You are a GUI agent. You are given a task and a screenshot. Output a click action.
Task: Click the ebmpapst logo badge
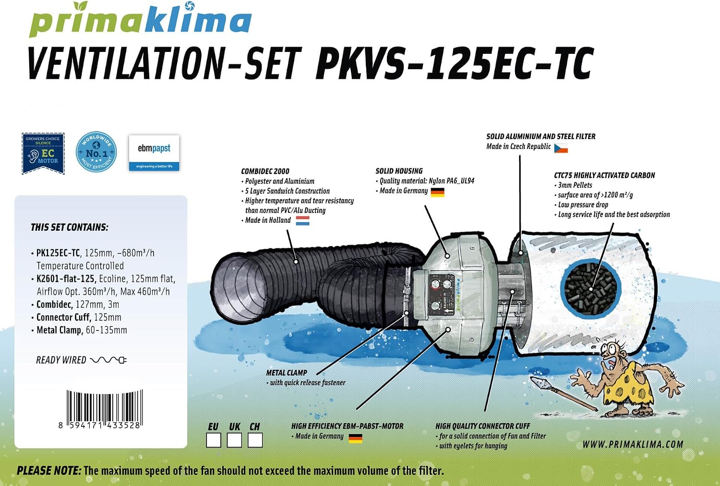pyautogui.click(x=154, y=153)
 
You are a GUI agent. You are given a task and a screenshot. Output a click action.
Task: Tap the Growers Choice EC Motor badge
pyautogui.click(x=43, y=153)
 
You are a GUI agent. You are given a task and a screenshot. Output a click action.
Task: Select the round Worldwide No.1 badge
pyautogui.click(x=96, y=152)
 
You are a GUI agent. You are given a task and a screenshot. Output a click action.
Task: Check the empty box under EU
pyautogui.click(x=214, y=440)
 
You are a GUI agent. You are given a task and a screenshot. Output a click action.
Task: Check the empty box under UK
pyautogui.click(x=234, y=440)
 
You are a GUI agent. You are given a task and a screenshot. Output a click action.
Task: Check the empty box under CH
pyautogui.click(x=255, y=440)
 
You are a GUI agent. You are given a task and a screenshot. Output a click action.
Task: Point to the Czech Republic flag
pyautogui.click(x=561, y=148)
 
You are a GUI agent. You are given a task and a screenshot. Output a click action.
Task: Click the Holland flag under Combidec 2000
pyautogui.click(x=302, y=220)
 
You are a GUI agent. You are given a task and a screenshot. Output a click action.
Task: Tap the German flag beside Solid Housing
pyautogui.click(x=437, y=193)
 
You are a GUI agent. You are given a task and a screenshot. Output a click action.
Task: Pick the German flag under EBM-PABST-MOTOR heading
pyautogui.click(x=356, y=438)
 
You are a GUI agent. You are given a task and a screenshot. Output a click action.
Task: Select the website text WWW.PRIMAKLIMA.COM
pyautogui.click(x=633, y=445)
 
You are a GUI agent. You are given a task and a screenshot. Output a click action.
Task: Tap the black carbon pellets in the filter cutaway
pyautogui.click(x=591, y=289)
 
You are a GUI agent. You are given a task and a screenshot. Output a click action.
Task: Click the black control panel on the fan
pyautogui.click(x=441, y=294)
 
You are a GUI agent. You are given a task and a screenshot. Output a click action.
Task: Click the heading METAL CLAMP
pyautogui.click(x=287, y=373)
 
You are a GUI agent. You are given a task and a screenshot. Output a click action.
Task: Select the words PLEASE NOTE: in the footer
pyautogui.click(x=49, y=471)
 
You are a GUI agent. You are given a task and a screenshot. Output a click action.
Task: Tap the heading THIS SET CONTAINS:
pyautogui.click(x=70, y=228)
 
